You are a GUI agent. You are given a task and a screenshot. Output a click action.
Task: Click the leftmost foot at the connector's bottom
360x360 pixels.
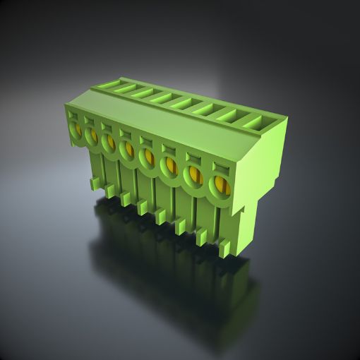click(94, 184)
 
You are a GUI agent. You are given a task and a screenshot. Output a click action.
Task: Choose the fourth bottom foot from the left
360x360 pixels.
click(143, 206)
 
